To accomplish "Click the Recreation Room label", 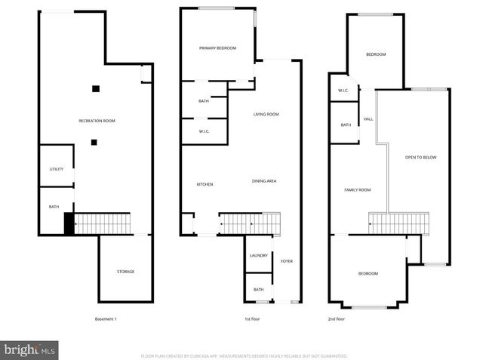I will click(97, 121).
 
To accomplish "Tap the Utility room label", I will click(57, 169).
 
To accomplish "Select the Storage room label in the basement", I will click(125, 272).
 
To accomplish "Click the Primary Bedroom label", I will click(217, 48).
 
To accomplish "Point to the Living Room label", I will click(266, 115).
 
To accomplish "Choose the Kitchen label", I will click(205, 184).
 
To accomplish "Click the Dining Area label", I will click(264, 181).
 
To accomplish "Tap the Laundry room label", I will click(258, 256).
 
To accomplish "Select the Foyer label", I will click(286, 261).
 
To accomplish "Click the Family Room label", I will click(357, 190).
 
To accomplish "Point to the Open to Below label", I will click(420, 157).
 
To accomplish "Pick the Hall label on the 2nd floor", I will click(368, 119).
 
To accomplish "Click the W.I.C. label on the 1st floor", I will click(204, 132).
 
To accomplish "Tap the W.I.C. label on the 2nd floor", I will click(343, 91).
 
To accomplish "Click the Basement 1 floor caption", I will click(106, 319).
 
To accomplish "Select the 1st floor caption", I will click(252, 319).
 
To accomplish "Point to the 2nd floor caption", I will click(336, 319).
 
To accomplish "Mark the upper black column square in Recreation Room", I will click(96, 89).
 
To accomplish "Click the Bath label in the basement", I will click(54, 207).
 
